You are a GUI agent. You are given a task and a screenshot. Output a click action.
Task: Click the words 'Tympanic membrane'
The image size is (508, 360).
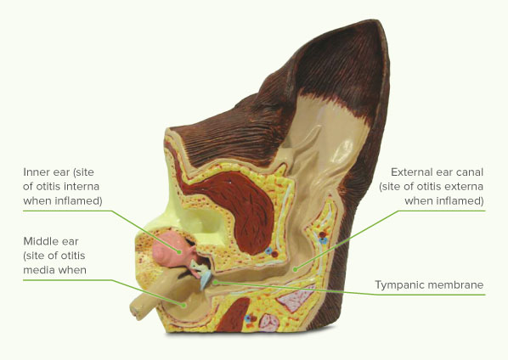pos(429,285)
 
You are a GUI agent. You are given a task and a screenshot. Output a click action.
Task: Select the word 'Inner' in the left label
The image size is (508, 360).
pos(34,172)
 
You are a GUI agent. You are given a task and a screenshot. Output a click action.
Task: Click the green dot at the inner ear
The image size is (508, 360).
pos(178,251)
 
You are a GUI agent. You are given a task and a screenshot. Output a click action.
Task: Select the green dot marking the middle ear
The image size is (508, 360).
pos(183,305)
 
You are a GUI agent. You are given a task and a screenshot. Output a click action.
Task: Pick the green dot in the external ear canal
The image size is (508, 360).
pos(295,268)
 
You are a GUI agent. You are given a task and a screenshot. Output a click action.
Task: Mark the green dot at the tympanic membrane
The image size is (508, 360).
pos(215,282)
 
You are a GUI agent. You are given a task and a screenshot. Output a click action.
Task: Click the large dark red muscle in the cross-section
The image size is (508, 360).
pos(240,207)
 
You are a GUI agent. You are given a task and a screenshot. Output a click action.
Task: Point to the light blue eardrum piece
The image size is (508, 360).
pos(206,279)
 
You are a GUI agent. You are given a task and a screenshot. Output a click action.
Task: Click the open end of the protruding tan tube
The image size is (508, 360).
pos(136,310)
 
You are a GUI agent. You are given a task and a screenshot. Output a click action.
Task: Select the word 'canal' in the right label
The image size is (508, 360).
pos(469,172)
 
